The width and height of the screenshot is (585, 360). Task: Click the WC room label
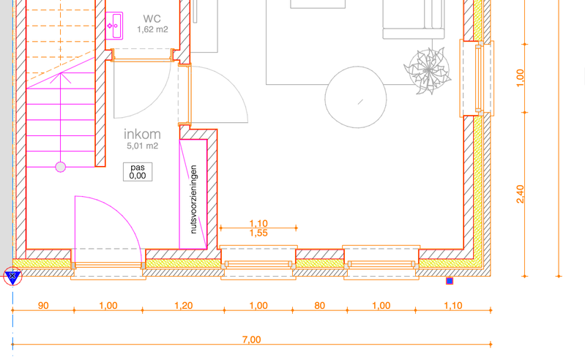[x=152, y=18]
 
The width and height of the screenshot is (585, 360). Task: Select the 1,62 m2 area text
[x=152, y=30]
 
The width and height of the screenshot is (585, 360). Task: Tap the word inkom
[x=142, y=134]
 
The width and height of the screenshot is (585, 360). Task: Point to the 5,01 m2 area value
[x=142, y=146]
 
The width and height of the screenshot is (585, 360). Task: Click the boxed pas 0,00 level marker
[x=138, y=171]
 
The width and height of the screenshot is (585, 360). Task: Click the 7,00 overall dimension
[x=251, y=339]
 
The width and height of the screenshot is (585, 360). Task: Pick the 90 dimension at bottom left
[x=43, y=305]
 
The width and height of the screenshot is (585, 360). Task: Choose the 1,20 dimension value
[x=184, y=305]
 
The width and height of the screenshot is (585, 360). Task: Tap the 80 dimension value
[x=319, y=305]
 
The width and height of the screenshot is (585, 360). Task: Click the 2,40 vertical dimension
[x=521, y=194]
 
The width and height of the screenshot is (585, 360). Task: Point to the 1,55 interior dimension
[x=258, y=233]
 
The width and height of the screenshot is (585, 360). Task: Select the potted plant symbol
[x=425, y=70]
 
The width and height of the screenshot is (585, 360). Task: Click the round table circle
[x=357, y=98]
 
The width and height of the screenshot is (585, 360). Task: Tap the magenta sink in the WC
[x=114, y=25]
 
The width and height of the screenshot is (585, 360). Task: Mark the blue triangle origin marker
[x=12, y=277]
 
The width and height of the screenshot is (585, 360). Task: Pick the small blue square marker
[x=450, y=280]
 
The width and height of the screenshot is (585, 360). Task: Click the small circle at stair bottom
[x=61, y=167]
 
